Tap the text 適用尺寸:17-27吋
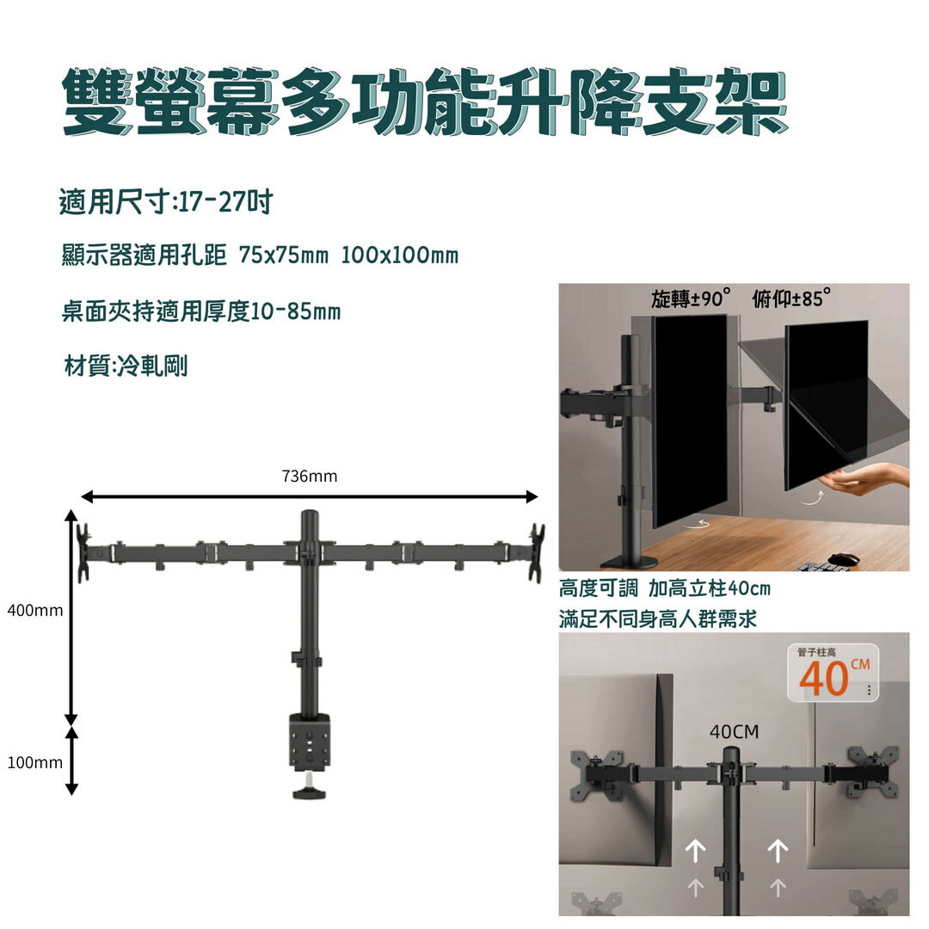[x=166, y=203]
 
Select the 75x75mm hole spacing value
[x=284, y=255]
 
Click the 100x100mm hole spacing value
[x=399, y=255]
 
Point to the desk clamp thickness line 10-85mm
[x=201, y=311]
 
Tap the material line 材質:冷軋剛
[x=126, y=366]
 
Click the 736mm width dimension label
[x=309, y=476]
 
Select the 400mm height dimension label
[x=34, y=611]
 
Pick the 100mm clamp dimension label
[x=34, y=762]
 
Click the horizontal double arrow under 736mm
[x=309, y=496]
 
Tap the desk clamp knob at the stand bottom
[x=309, y=790]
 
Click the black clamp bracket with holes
[x=309, y=740]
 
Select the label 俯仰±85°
[x=791, y=299]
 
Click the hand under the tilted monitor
[x=869, y=478]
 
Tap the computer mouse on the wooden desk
[x=844, y=559]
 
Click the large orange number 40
[x=824, y=679]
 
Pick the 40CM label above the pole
[x=734, y=732]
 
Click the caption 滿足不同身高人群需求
[x=658, y=618]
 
